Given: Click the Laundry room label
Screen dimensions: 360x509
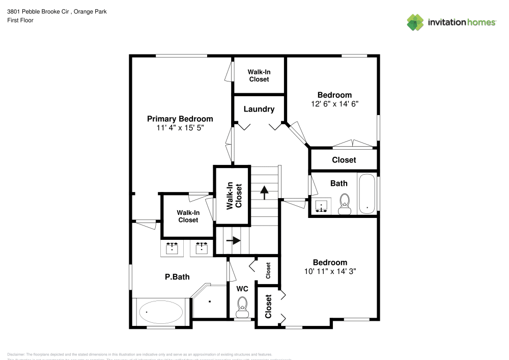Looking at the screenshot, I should point(259,109).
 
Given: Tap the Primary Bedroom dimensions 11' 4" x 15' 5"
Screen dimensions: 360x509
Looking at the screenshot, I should point(180,128).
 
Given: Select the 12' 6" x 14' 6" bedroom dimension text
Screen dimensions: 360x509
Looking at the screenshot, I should point(334,104).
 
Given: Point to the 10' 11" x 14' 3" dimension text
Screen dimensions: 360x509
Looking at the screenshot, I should point(330,271).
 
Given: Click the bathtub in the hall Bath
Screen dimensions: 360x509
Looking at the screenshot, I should point(366,194).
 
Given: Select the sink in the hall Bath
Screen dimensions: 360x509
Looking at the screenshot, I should point(321,205).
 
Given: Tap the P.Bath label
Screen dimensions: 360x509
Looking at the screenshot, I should point(177,277).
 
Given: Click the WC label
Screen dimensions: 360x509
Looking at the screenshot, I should point(242,289).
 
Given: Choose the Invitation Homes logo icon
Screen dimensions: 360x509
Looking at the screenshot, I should point(415,22).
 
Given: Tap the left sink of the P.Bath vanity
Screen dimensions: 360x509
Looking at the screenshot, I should point(173,248).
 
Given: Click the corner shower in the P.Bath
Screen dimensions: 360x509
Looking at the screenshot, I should point(209,301).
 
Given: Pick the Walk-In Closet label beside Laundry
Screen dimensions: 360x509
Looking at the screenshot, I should point(259,76).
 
